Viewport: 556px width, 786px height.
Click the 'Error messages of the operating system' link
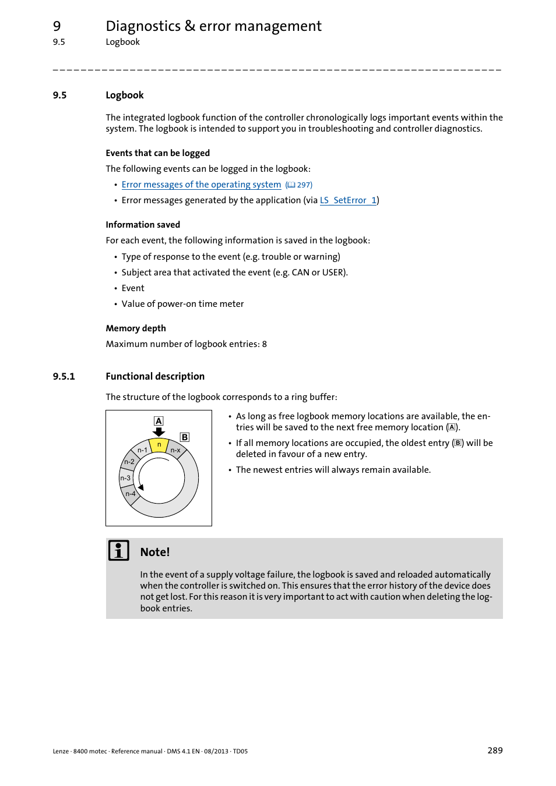tap(201, 185)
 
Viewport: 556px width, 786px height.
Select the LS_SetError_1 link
tap(348, 200)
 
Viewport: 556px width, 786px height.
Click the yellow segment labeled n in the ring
tap(159, 445)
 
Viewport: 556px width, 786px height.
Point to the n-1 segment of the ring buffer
tap(142, 450)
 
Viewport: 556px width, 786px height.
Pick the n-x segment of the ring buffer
tap(175, 450)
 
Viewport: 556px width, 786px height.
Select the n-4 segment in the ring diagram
tap(131, 494)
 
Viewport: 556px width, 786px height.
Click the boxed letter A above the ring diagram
tap(159, 421)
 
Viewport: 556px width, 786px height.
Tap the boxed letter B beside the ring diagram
tap(185, 437)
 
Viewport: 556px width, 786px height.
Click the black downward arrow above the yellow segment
tap(159, 432)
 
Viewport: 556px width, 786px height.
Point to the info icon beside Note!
tap(119, 550)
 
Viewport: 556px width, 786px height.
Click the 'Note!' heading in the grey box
tap(155, 552)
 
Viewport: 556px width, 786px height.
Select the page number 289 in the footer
tap(495, 750)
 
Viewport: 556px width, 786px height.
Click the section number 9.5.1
tap(64, 377)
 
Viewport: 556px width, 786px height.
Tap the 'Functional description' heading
tap(155, 377)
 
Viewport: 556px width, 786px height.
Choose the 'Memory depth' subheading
tap(136, 328)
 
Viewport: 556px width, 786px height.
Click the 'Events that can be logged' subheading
tap(157, 153)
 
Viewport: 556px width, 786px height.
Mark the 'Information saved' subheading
tap(143, 225)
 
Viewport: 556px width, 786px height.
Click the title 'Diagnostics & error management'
tap(213, 26)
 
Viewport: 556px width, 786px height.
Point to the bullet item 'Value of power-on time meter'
tap(182, 304)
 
